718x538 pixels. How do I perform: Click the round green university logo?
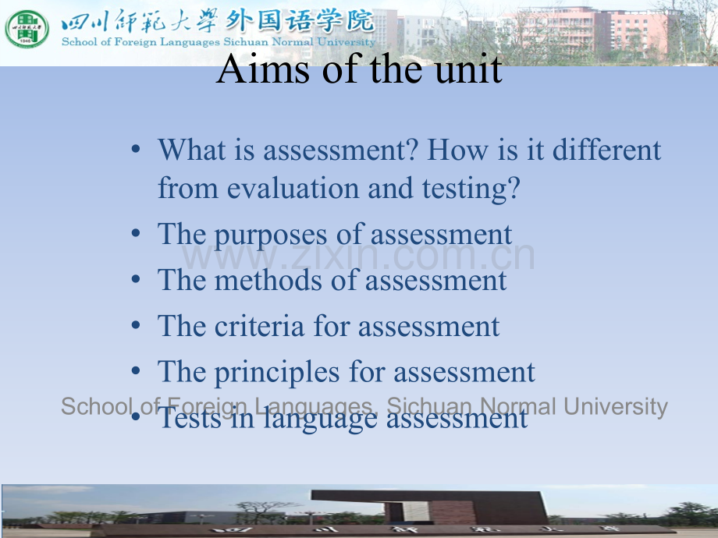27,29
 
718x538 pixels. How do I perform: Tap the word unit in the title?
468,69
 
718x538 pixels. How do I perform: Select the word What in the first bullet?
192,150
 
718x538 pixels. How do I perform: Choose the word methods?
268,280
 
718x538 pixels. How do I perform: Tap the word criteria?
259,326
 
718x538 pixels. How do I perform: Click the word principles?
277,373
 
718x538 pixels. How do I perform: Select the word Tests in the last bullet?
190,418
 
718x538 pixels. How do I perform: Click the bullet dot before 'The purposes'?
136,234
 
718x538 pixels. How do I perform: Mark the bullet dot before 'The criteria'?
136,325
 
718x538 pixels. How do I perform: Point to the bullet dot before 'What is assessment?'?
136,149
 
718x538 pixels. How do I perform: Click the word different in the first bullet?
606,150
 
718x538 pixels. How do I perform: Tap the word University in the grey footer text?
616,407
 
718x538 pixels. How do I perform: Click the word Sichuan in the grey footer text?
428,405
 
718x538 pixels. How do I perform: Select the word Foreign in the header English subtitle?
136,42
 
